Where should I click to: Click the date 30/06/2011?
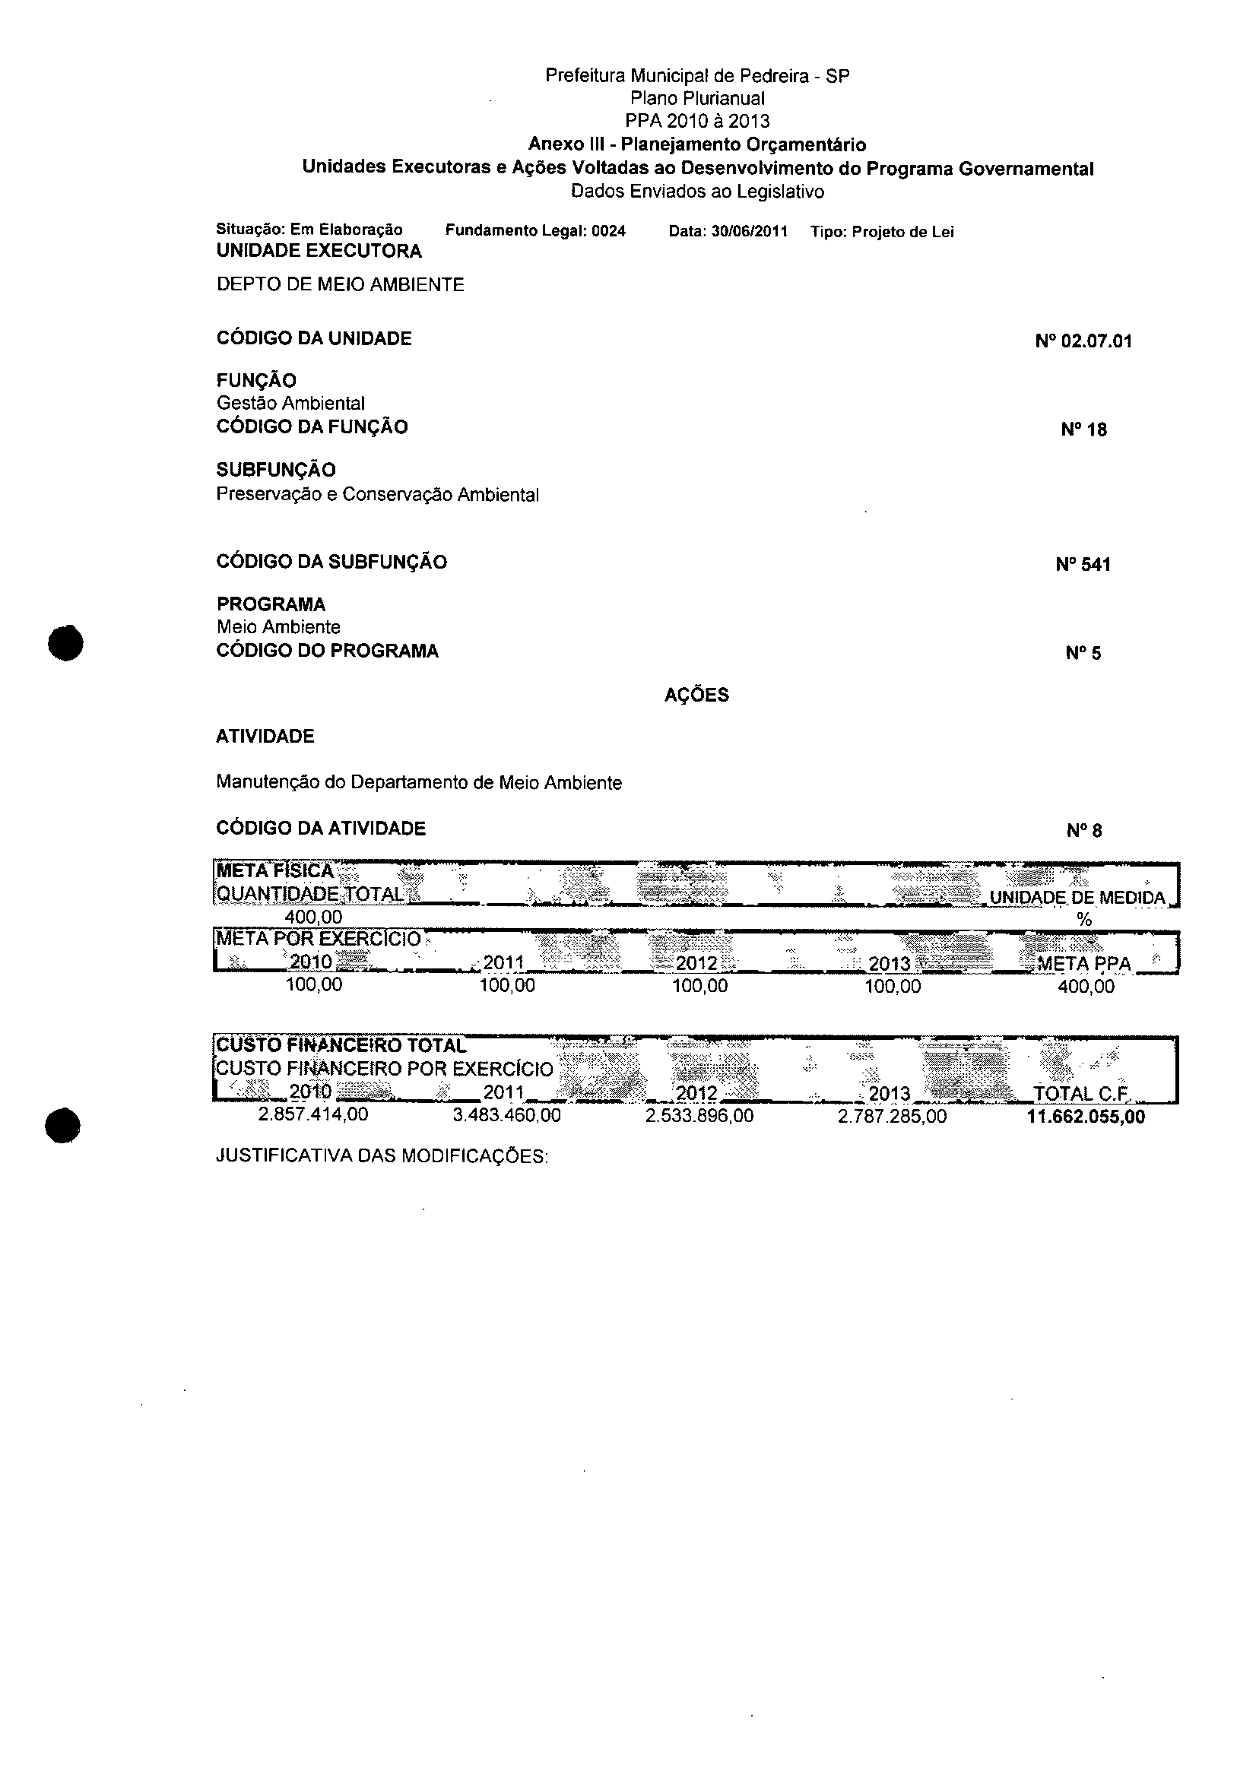coord(749,232)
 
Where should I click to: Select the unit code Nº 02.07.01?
coord(1083,341)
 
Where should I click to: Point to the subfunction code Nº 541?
coord(1083,565)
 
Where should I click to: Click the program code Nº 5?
coord(1083,654)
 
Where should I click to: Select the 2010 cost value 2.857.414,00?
coord(312,1115)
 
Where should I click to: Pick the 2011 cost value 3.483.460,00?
coord(506,1116)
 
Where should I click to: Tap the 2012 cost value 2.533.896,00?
coord(699,1116)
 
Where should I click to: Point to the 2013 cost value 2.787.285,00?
coord(892,1116)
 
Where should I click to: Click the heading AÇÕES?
coord(696,696)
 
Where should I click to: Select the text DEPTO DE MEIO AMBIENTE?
coord(340,285)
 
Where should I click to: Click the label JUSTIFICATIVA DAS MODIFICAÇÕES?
coord(382,1157)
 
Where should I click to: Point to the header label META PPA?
coord(1083,964)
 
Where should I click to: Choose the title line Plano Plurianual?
coord(697,98)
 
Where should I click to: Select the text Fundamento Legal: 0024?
coord(535,231)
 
